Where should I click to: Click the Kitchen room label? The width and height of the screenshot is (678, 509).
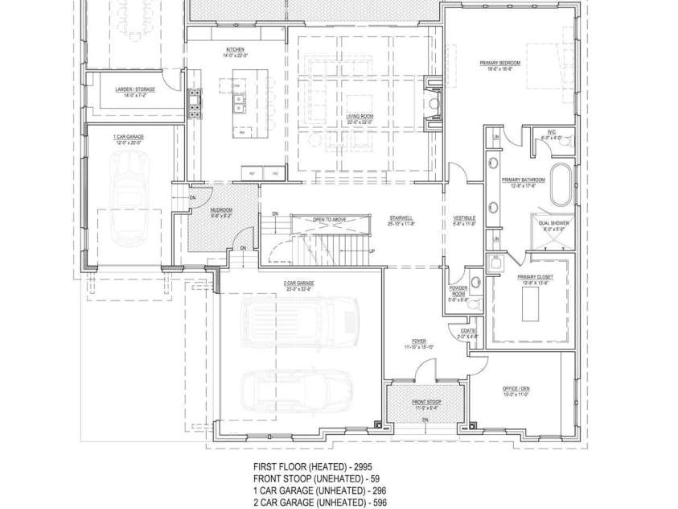click(235, 50)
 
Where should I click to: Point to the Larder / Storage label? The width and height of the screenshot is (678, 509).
click(135, 90)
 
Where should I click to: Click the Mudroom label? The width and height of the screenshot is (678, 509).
click(199, 212)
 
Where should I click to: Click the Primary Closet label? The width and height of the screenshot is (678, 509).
click(532, 278)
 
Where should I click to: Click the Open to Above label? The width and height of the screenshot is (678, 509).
click(329, 219)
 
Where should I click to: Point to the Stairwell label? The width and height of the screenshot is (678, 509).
click(401, 218)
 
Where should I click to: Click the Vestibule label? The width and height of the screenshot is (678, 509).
click(464, 218)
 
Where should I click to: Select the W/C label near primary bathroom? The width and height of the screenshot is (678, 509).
click(553, 132)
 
